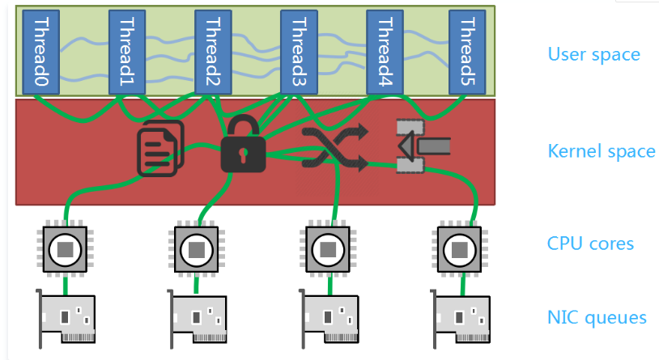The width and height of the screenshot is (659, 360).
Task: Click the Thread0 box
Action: [x=36, y=52]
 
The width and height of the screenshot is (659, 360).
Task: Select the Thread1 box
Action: [x=127, y=52]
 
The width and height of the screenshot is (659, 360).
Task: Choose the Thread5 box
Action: [x=467, y=52]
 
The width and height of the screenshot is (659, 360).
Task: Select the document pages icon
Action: [x=160, y=147]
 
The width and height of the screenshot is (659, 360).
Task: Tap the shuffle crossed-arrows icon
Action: [x=334, y=147]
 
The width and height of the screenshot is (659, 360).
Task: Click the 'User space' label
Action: [x=593, y=55]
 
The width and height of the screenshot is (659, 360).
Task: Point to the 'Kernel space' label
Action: [x=601, y=151]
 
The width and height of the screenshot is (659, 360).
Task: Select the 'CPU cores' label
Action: [x=590, y=244]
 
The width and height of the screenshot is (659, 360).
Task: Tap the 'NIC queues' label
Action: [x=597, y=317]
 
